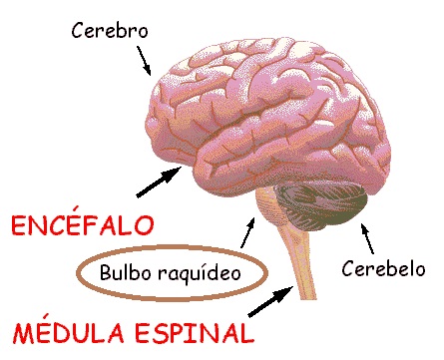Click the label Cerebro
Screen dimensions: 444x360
click(110, 30)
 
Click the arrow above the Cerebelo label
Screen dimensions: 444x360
click(370, 239)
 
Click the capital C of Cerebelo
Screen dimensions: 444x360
click(347, 269)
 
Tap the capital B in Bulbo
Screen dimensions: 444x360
click(107, 271)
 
